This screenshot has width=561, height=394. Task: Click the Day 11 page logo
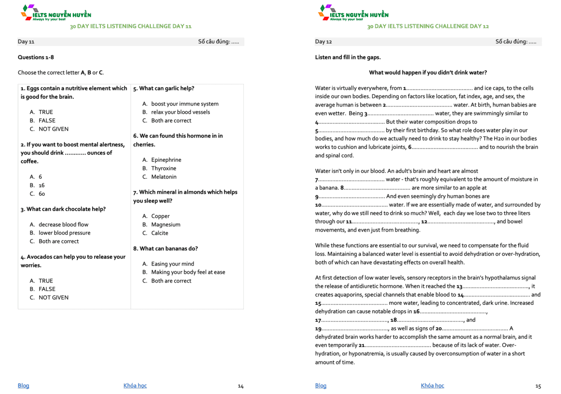tap(56, 13)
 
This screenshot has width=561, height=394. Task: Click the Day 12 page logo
tap(353, 13)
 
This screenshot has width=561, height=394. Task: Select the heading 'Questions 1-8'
tap(36, 57)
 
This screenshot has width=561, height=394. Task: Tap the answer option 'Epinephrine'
tap(166, 160)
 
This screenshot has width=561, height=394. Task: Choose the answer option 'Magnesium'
tap(165, 224)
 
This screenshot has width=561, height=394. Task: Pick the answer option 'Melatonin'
tap(163, 177)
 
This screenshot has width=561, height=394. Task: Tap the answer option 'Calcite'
tap(160, 233)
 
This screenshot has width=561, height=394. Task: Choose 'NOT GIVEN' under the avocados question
tap(53, 298)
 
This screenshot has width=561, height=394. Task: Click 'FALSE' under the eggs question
tap(47, 121)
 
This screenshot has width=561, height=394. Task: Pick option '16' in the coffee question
tap(42, 185)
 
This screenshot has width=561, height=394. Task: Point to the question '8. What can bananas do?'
tap(165, 249)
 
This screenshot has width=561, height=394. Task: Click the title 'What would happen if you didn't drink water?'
tap(428, 73)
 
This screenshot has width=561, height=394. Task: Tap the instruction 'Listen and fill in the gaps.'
tap(348, 57)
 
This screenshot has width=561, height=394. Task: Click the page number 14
tap(240, 386)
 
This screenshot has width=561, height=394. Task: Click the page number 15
tap(538, 386)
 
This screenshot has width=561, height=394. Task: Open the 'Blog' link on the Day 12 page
tap(321, 386)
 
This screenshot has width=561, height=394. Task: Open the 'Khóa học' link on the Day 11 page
tap(135, 386)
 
